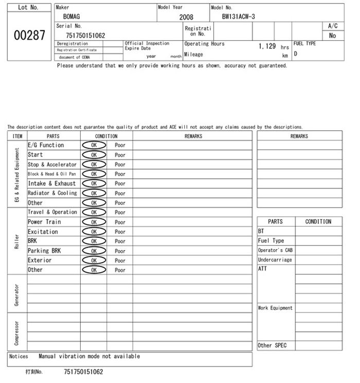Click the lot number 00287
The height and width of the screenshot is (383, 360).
pos(29,35)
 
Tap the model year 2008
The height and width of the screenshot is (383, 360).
pos(186,17)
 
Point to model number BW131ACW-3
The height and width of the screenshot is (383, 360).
pos(238,16)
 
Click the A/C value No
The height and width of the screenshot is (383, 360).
pos(332,36)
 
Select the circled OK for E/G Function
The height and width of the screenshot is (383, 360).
pos(94,145)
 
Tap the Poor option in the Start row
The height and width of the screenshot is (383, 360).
pos(120,155)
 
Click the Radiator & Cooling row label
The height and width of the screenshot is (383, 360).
pos(52,193)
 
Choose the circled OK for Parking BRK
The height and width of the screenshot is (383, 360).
pos(94,251)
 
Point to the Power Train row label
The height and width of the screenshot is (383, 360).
pos(44,222)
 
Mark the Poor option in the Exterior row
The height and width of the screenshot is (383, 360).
pos(120,260)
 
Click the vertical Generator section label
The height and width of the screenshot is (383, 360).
pos(17,293)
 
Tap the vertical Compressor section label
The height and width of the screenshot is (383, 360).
pos(17,333)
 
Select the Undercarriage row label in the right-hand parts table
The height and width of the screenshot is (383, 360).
pos(275,260)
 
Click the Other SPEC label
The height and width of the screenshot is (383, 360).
pos(272,345)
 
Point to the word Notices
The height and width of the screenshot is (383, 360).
pos(19,356)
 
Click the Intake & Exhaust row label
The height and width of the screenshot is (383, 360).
pos(51,183)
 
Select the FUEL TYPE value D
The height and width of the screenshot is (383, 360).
pos(296,54)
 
